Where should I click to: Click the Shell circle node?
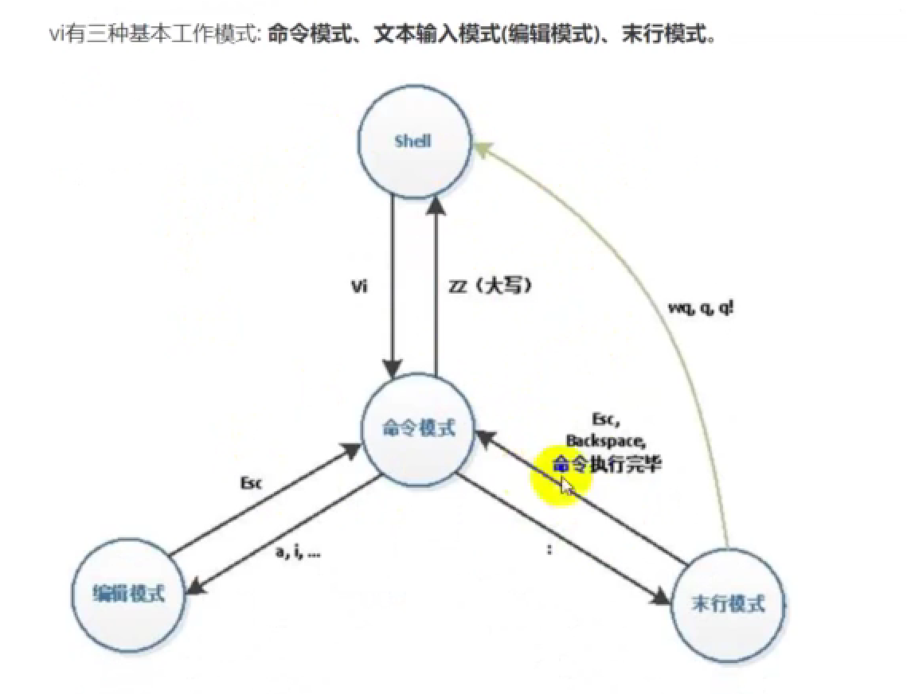coord(413,142)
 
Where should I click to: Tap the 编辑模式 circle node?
coord(129,594)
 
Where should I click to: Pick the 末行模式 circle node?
coord(729,604)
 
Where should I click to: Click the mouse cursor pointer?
coord(566,486)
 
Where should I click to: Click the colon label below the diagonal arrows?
coord(549,551)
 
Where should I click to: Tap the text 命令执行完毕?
coord(608,464)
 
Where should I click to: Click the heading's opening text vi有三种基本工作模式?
coord(151,37)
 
